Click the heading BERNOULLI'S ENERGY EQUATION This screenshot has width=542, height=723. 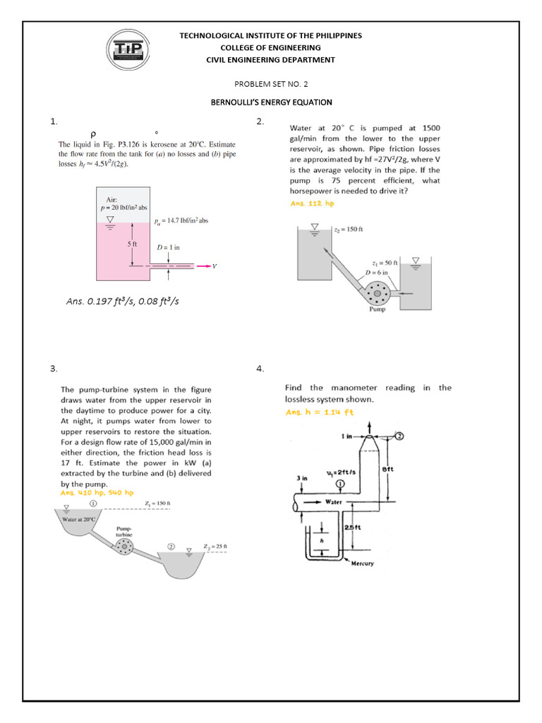pyautogui.click(x=271, y=102)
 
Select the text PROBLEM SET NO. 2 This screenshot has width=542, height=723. pyautogui.click(x=271, y=83)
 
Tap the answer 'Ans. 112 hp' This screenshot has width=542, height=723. pyautogui.click(x=312, y=203)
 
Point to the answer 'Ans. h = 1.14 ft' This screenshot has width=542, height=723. pyautogui.click(x=319, y=412)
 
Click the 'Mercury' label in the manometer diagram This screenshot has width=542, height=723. pyautogui.click(x=362, y=563)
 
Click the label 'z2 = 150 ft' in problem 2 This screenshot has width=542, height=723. pyautogui.click(x=348, y=229)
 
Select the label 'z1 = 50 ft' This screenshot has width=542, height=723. pyautogui.click(x=387, y=262)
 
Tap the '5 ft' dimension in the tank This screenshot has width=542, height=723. pyautogui.click(x=132, y=244)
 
